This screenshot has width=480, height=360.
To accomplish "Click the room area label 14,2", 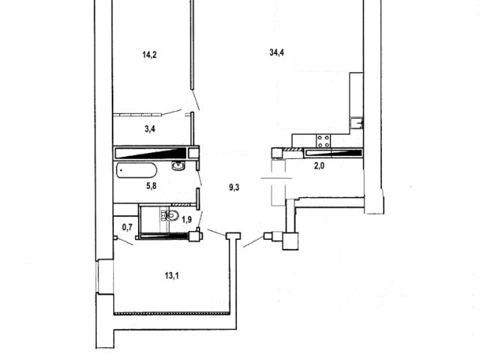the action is tap(148, 53).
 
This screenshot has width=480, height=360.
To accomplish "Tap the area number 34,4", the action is tap(277, 52).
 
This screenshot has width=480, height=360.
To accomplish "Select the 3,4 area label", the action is tap(150, 129).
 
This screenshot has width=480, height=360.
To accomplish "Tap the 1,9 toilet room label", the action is tap(187, 219).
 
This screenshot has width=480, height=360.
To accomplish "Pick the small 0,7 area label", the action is tap(127, 226).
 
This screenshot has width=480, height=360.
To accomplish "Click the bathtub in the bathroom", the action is tap(137, 169).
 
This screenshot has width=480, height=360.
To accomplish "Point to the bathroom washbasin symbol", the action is tap(178, 166).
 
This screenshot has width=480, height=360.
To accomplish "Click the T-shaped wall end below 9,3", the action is tap(233, 238).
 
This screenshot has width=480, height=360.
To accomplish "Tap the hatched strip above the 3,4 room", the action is tap(145, 114).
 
